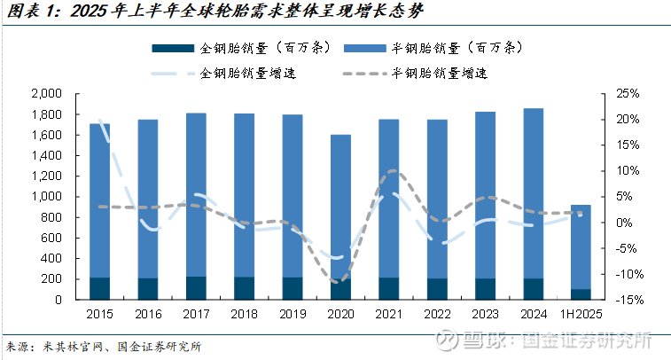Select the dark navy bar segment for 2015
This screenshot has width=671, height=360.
coord(99,288)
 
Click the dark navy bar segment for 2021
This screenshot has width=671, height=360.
coord(387,288)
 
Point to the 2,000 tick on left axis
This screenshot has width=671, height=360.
coord(45,94)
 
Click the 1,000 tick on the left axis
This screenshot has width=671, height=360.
coord(45,197)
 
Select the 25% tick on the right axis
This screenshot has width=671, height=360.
coord(628,94)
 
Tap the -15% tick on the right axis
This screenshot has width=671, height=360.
coord(626,300)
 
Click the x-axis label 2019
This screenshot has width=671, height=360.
coord(292,315)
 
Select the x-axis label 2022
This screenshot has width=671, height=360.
coord(435,315)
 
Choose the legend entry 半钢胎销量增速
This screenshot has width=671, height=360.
coord(439,73)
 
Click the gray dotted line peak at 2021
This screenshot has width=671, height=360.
coord(394,171)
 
